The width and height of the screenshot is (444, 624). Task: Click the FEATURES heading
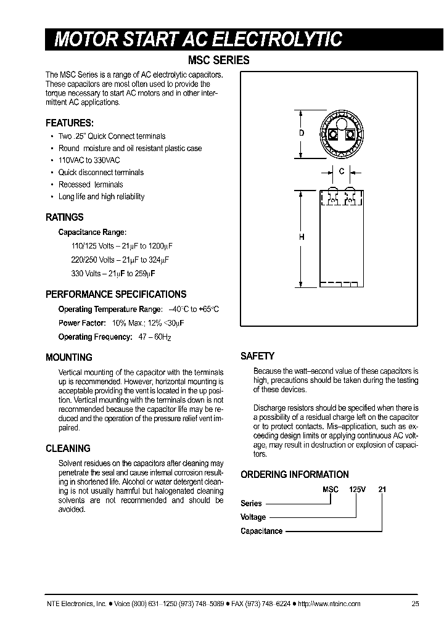(70, 123)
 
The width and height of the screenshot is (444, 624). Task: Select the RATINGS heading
(65, 217)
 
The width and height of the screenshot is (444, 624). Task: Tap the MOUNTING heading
(69, 357)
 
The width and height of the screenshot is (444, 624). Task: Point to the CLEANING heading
(68, 448)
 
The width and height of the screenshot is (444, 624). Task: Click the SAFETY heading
(257, 356)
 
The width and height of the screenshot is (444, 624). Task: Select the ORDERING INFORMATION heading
(294, 474)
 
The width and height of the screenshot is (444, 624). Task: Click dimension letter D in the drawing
(302, 134)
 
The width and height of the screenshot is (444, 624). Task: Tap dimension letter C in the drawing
(341, 172)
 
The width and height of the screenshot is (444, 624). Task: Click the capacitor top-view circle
(340, 133)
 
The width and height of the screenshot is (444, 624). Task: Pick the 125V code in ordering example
(357, 489)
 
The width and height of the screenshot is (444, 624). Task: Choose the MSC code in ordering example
(331, 489)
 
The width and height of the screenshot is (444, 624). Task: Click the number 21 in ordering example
(382, 489)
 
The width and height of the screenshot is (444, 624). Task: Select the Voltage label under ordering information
(253, 517)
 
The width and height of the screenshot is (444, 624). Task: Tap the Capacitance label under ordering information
(261, 531)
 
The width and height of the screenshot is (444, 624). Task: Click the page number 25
(415, 604)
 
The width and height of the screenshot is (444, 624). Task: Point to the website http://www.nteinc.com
(329, 604)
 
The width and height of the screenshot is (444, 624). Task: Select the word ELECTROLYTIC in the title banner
(277, 39)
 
